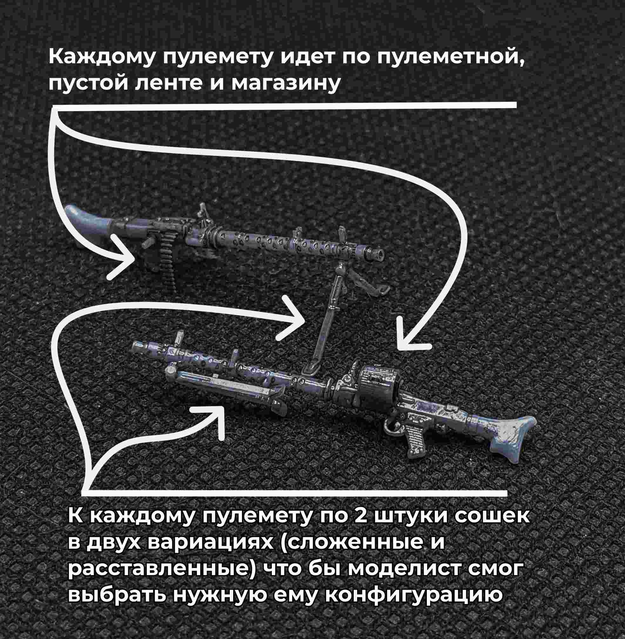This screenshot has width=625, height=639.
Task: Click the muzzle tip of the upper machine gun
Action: [380, 255]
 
